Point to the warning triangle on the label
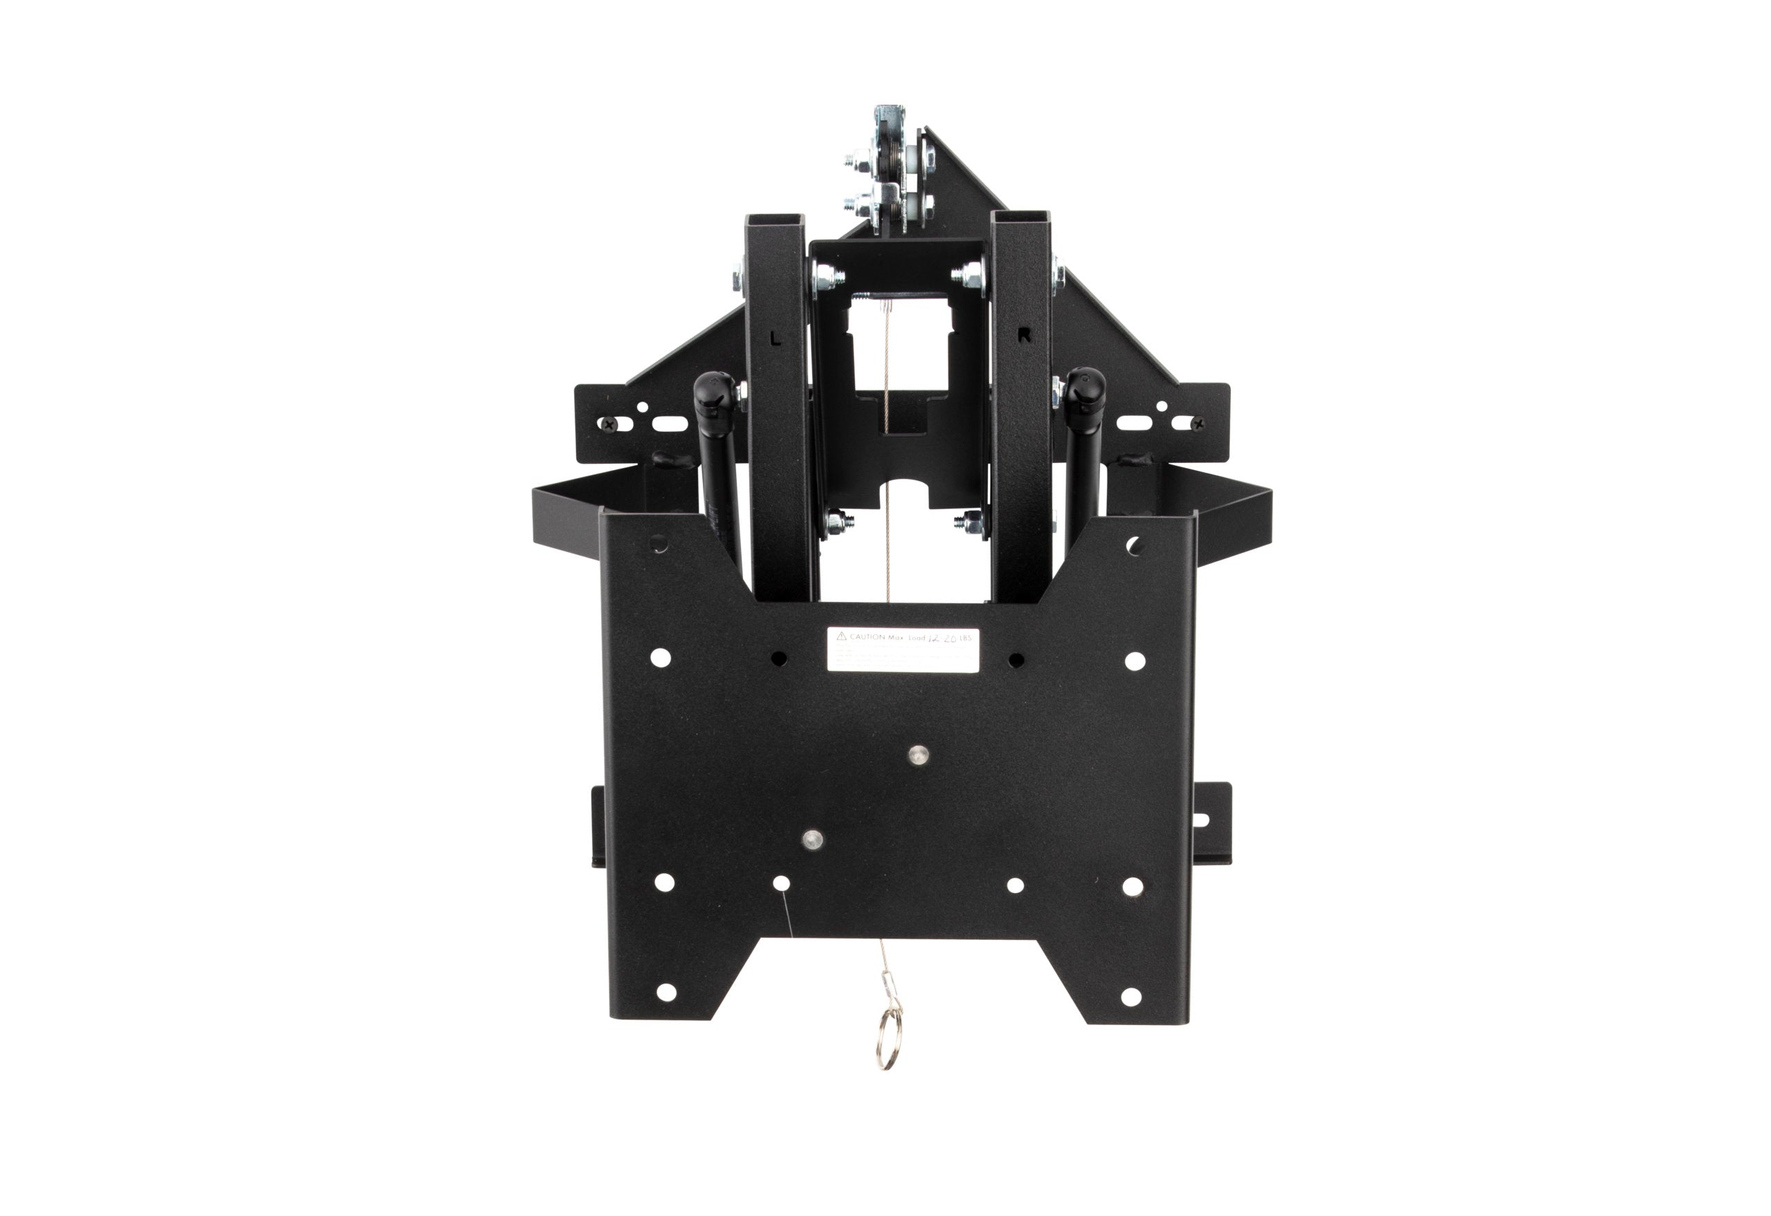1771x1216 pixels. pyautogui.click(x=841, y=636)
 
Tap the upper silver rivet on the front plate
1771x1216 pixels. pyautogui.click(x=918, y=755)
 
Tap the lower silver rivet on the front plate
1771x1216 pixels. pyautogui.click(x=813, y=840)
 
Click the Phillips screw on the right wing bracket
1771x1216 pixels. pyautogui.click(x=1198, y=423)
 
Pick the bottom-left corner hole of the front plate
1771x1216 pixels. pyautogui.click(x=666, y=992)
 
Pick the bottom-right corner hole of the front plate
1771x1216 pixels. pyautogui.click(x=1131, y=996)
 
